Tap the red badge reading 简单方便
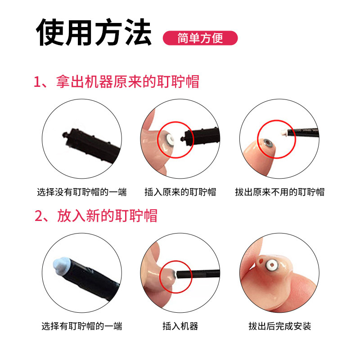pyautogui.click(x=200, y=38)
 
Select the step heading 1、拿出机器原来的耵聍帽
pyautogui.click(x=117, y=82)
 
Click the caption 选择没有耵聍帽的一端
pyautogui.click(x=81, y=192)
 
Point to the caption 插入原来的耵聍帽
pyautogui.click(x=180, y=192)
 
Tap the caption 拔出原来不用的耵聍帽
pyautogui.click(x=279, y=192)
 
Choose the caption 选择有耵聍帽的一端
pyautogui.click(x=81, y=326)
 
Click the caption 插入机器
pyautogui.click(x=180, y=326)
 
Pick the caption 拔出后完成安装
pyautogui.click(x=279, y=326)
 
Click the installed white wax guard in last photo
pyautogui.click(x=272, y=266)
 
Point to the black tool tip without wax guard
pyautogui.click(x=64, y=135)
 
